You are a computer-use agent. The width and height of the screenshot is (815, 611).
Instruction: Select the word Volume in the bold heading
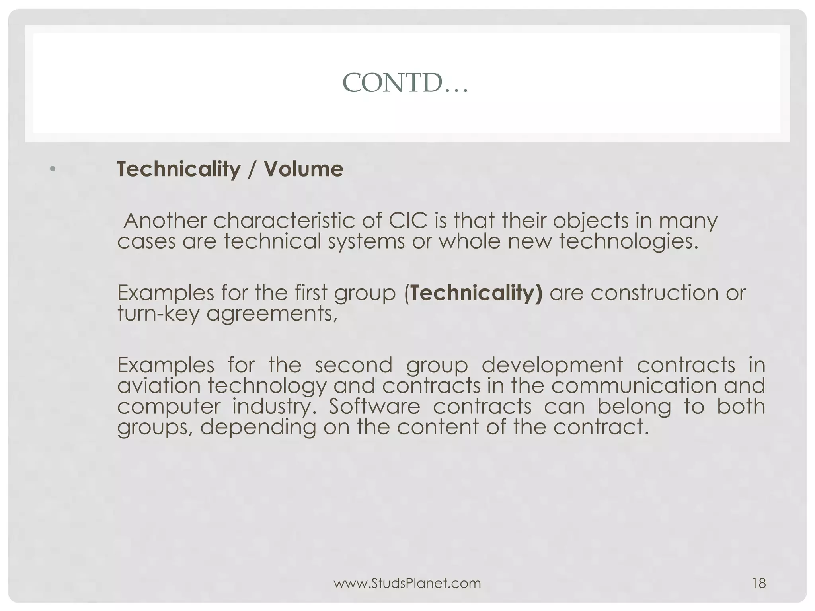(x=303, y=169)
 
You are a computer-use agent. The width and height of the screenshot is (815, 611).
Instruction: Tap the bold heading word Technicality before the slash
(x=179, y=169)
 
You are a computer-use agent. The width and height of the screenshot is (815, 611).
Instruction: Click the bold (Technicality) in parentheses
(x=473, y=293)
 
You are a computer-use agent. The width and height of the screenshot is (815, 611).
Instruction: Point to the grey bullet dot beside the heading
(x=53, y=169)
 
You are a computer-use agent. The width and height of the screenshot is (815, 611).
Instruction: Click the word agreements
(x=271, y=314)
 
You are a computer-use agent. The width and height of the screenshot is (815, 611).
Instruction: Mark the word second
(x=354, y=365)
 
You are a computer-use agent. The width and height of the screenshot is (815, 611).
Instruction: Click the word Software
(x=374, y=407)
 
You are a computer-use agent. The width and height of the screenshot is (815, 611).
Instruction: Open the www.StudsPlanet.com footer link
(x=407, y=583)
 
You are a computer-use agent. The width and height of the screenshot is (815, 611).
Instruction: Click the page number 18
(x=759, y=583)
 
